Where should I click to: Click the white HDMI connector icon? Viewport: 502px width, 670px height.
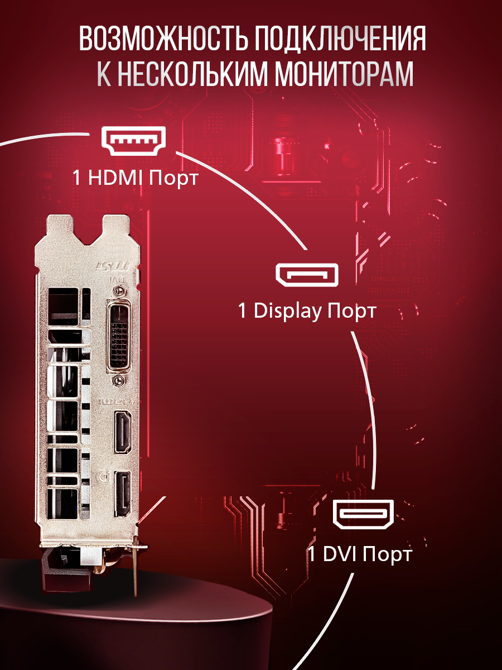133,141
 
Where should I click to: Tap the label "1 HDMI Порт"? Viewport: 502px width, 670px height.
135,178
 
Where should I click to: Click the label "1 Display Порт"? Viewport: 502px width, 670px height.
307,311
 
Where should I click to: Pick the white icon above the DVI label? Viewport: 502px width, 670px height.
363,514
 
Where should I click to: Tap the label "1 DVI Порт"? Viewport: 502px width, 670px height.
360,554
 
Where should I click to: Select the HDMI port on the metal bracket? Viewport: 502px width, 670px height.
122,431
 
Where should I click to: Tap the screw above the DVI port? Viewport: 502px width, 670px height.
118,291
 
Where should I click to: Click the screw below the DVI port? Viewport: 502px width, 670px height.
118,380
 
